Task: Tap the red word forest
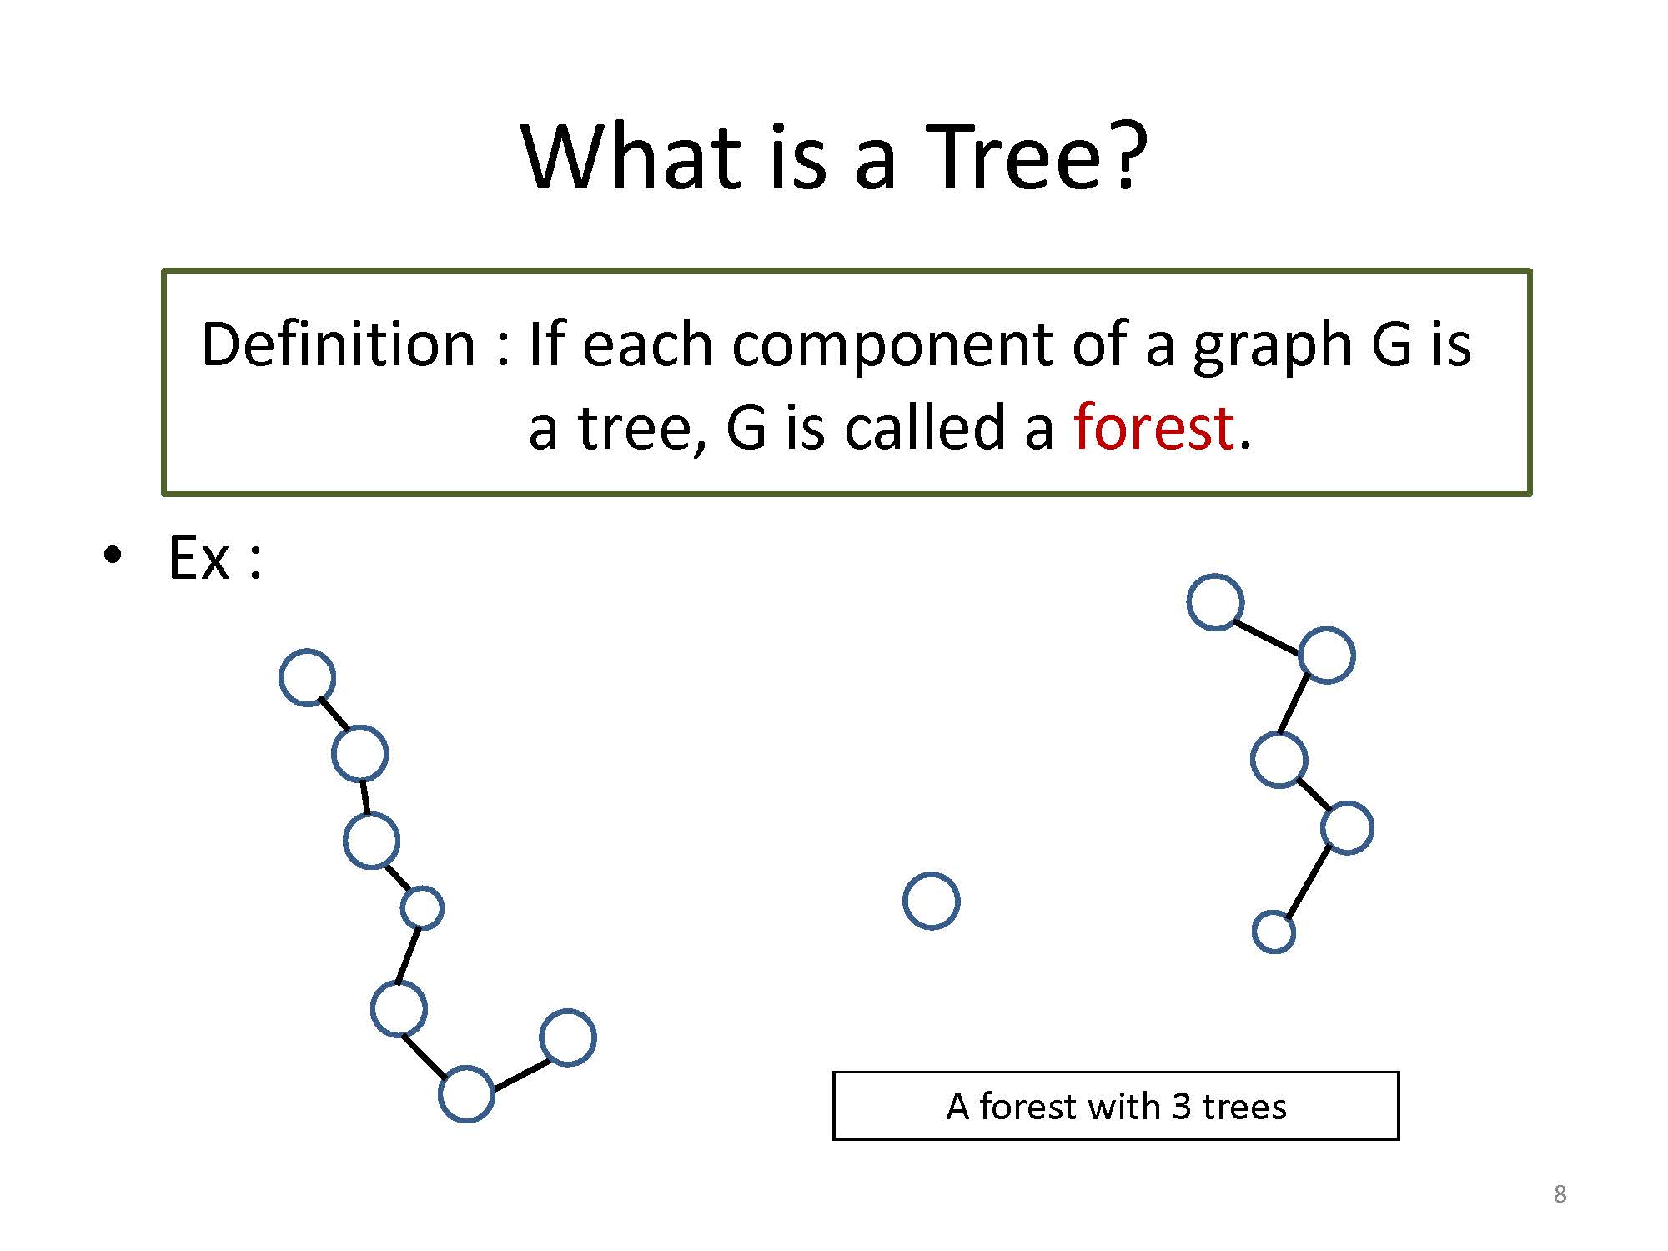pyautogui.click(x=1153, y=427)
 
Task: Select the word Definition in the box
pyautogui.click(x=339, y=344)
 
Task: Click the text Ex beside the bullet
pyautogui.click(x=198, y=557)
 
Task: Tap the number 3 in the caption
pyautogui.click(x=1181, y=1107)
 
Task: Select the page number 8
pyautogui.click(x=1560, y=1194)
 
